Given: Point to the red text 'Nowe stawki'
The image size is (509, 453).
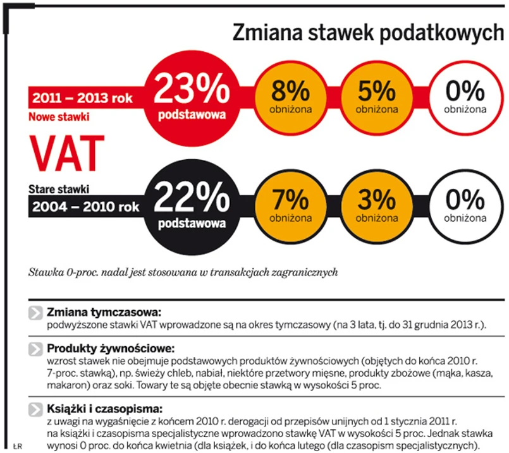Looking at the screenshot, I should [x=59, y=117].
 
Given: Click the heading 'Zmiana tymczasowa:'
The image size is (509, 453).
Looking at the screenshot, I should [x=105, y=312].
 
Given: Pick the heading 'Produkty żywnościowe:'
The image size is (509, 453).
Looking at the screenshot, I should [x=110, y=348].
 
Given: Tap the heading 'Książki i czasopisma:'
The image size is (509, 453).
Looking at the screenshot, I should [x=105, y=408].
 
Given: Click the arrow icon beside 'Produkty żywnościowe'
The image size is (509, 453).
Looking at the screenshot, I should [x=35, y=349].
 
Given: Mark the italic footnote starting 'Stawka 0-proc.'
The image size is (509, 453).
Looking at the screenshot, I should [x=183, y=273].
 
